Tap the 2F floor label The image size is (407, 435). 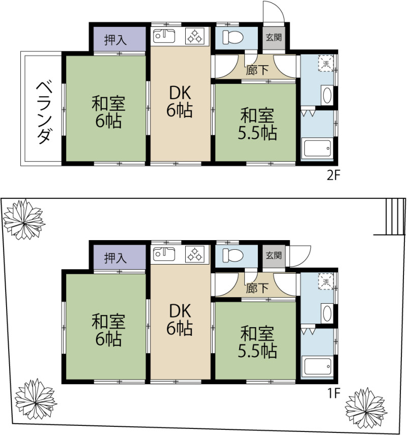[x=333, y=176]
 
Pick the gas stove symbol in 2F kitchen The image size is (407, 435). [x=195, y=37]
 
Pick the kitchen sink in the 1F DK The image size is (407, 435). [x=163, y=254]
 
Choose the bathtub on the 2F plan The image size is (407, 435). [x=317, y=149]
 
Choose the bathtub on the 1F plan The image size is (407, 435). [x=317, y=366]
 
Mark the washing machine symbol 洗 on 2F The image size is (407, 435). [x=326, y=63]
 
